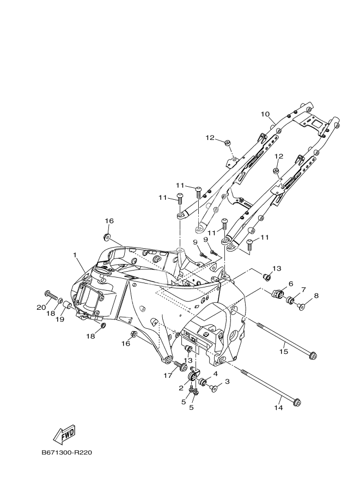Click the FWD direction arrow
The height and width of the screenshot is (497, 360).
64,433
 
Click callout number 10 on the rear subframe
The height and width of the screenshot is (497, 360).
265,114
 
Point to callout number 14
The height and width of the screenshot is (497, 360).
278,407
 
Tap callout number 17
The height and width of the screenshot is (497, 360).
168,375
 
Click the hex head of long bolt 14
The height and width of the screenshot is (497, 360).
297,403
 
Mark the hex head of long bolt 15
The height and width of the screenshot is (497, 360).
313,357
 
